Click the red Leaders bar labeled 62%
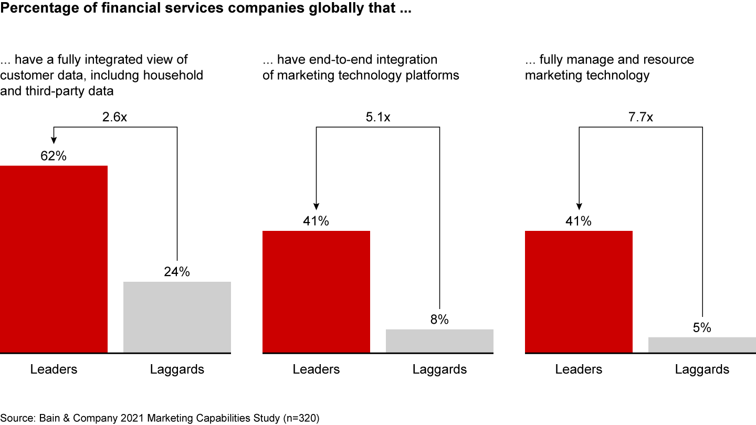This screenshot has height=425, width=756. [54, 259]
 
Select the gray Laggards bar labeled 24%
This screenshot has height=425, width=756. [177, 317]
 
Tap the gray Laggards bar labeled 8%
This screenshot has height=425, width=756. [439, 341]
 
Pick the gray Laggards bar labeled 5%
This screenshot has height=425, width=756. [702, 345]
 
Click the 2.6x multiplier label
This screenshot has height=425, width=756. [114, 116]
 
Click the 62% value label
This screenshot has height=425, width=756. [54, 156]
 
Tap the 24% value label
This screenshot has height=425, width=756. [177, 272]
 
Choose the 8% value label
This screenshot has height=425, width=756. [439, 320]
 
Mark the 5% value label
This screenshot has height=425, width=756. [702, 328]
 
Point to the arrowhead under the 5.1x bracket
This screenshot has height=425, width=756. [316, 206]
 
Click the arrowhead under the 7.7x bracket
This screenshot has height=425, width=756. [579, 206]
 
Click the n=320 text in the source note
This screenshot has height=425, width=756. [299, 418]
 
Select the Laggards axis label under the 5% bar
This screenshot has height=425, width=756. [702, 369]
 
